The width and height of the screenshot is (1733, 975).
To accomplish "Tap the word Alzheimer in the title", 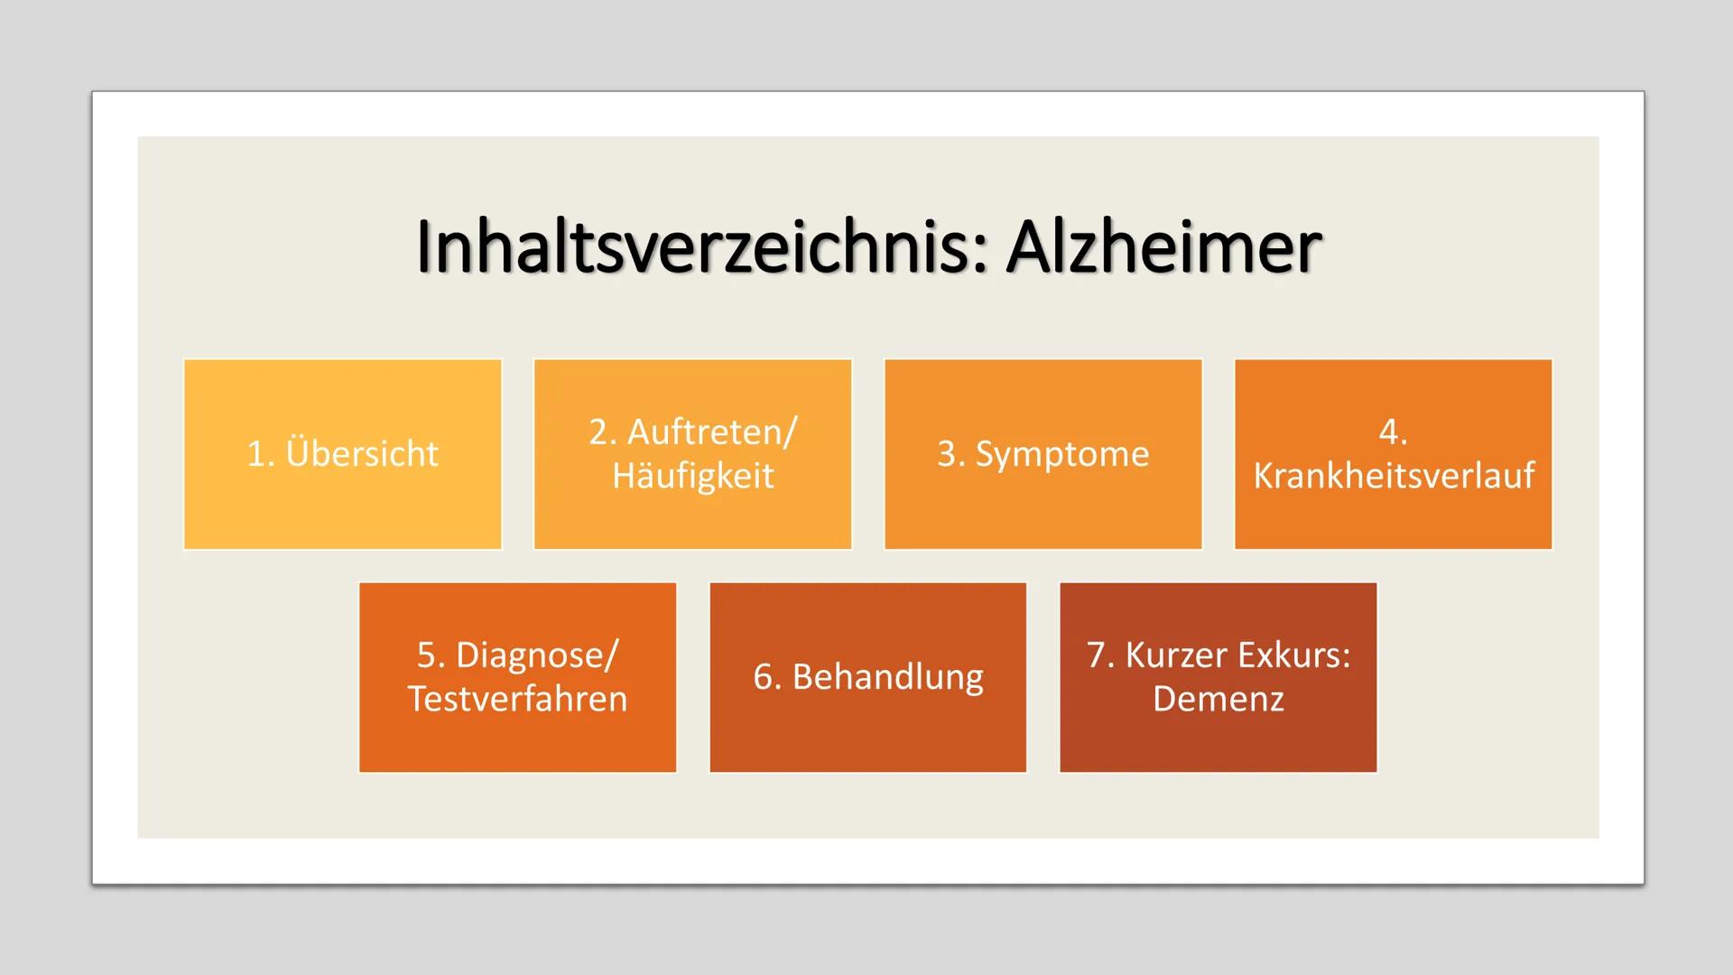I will coord(1164,247).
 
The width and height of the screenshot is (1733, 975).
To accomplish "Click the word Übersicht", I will coord(362,453).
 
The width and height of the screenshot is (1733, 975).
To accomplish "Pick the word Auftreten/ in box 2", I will coord(712,432).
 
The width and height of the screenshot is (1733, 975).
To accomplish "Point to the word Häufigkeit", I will coord(692,476).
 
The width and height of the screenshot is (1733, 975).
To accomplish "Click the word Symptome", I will coord(1062,453).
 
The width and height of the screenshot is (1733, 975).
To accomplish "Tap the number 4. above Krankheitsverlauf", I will coord(1393,432).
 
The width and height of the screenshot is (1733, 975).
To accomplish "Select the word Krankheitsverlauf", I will coord(1393,476).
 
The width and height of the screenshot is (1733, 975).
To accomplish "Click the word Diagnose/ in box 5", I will coord(537,655).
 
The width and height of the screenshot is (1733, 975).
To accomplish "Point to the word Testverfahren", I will coord(517,699).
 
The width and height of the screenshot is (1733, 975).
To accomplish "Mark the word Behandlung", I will coord(887,676).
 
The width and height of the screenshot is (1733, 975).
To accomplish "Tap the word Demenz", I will coord(1218,699).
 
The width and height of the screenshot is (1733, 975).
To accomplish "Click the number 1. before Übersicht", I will coord(260,453).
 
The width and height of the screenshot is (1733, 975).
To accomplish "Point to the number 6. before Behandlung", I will coord(766,676).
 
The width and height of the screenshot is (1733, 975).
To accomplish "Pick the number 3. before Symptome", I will coord(950,453).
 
